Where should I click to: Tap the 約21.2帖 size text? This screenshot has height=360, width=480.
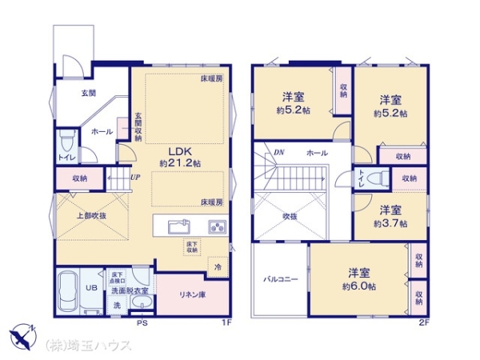[x=179, y=163]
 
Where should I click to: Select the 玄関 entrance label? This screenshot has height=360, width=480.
[x=88, y=94]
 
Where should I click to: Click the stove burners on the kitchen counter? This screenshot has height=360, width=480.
[x=217, y=225]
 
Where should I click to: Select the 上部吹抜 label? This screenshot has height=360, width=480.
[x=91, y=215]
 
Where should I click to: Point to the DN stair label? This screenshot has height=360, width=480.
[x=279, y=152]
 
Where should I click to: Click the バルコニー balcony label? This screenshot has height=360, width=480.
[x=280, y=280]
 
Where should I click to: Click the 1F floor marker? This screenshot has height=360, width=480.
[x=226, y=323]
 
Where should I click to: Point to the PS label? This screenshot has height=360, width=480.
[x=142, y=323]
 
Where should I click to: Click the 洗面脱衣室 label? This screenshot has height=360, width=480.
[x=129, y=290]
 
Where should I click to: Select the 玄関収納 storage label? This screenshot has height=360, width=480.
[x=138, y=126]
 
